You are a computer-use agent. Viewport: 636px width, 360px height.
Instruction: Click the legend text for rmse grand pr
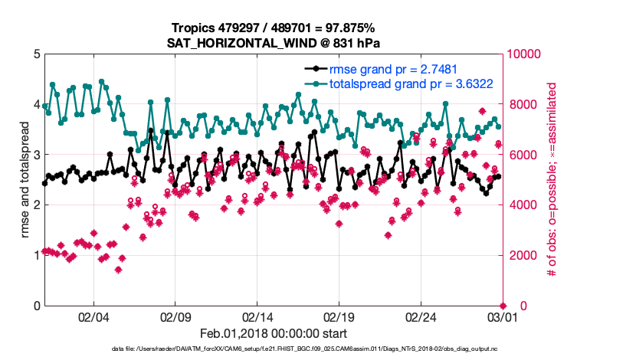coord(394,70)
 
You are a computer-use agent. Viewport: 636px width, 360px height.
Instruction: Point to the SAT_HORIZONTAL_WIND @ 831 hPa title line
coord(274,44)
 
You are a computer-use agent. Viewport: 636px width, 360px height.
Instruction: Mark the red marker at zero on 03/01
coord(503,306)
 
